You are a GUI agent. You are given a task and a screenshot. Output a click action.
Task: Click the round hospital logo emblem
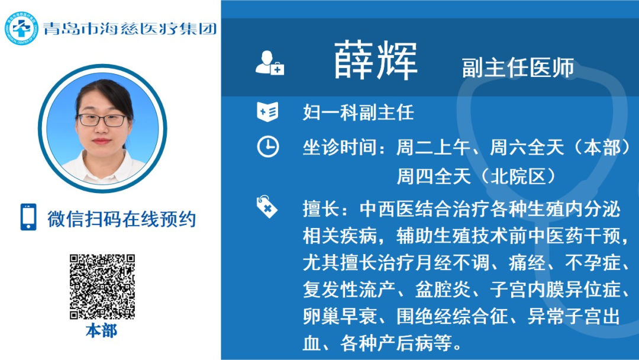coord(21,28)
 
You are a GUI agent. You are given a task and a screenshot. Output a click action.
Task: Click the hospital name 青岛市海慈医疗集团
coord(130,28)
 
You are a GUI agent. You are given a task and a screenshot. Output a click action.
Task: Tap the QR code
coord(102,287)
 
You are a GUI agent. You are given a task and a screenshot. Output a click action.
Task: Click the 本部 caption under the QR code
coord(102,330)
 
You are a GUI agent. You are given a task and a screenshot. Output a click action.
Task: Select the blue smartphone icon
coord(28,217)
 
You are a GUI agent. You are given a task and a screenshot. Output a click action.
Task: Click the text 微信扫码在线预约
coord(121,219)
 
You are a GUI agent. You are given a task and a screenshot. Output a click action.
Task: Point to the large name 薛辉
coord(376,61)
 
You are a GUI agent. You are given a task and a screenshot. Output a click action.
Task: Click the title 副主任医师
coord(518,67)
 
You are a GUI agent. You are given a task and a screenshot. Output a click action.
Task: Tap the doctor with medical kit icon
coord(269,63)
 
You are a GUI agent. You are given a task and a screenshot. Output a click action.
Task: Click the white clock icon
coord(268,147)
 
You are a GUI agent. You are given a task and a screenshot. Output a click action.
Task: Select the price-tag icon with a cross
coord(266,207)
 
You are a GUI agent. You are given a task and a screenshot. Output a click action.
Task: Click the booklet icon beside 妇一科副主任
coord(267,112)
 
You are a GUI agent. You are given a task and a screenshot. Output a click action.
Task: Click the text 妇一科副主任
coord(358,112)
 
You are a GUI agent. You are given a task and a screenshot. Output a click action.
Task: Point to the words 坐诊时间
coord(340,147)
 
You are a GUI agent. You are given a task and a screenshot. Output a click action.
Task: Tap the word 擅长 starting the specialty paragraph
coord(321,209)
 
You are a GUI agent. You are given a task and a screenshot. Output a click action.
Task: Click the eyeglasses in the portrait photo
coord(103,120)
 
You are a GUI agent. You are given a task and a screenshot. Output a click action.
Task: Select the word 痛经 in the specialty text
coord(527,263)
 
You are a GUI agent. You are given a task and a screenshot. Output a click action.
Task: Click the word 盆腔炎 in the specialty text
coord(443,290)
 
